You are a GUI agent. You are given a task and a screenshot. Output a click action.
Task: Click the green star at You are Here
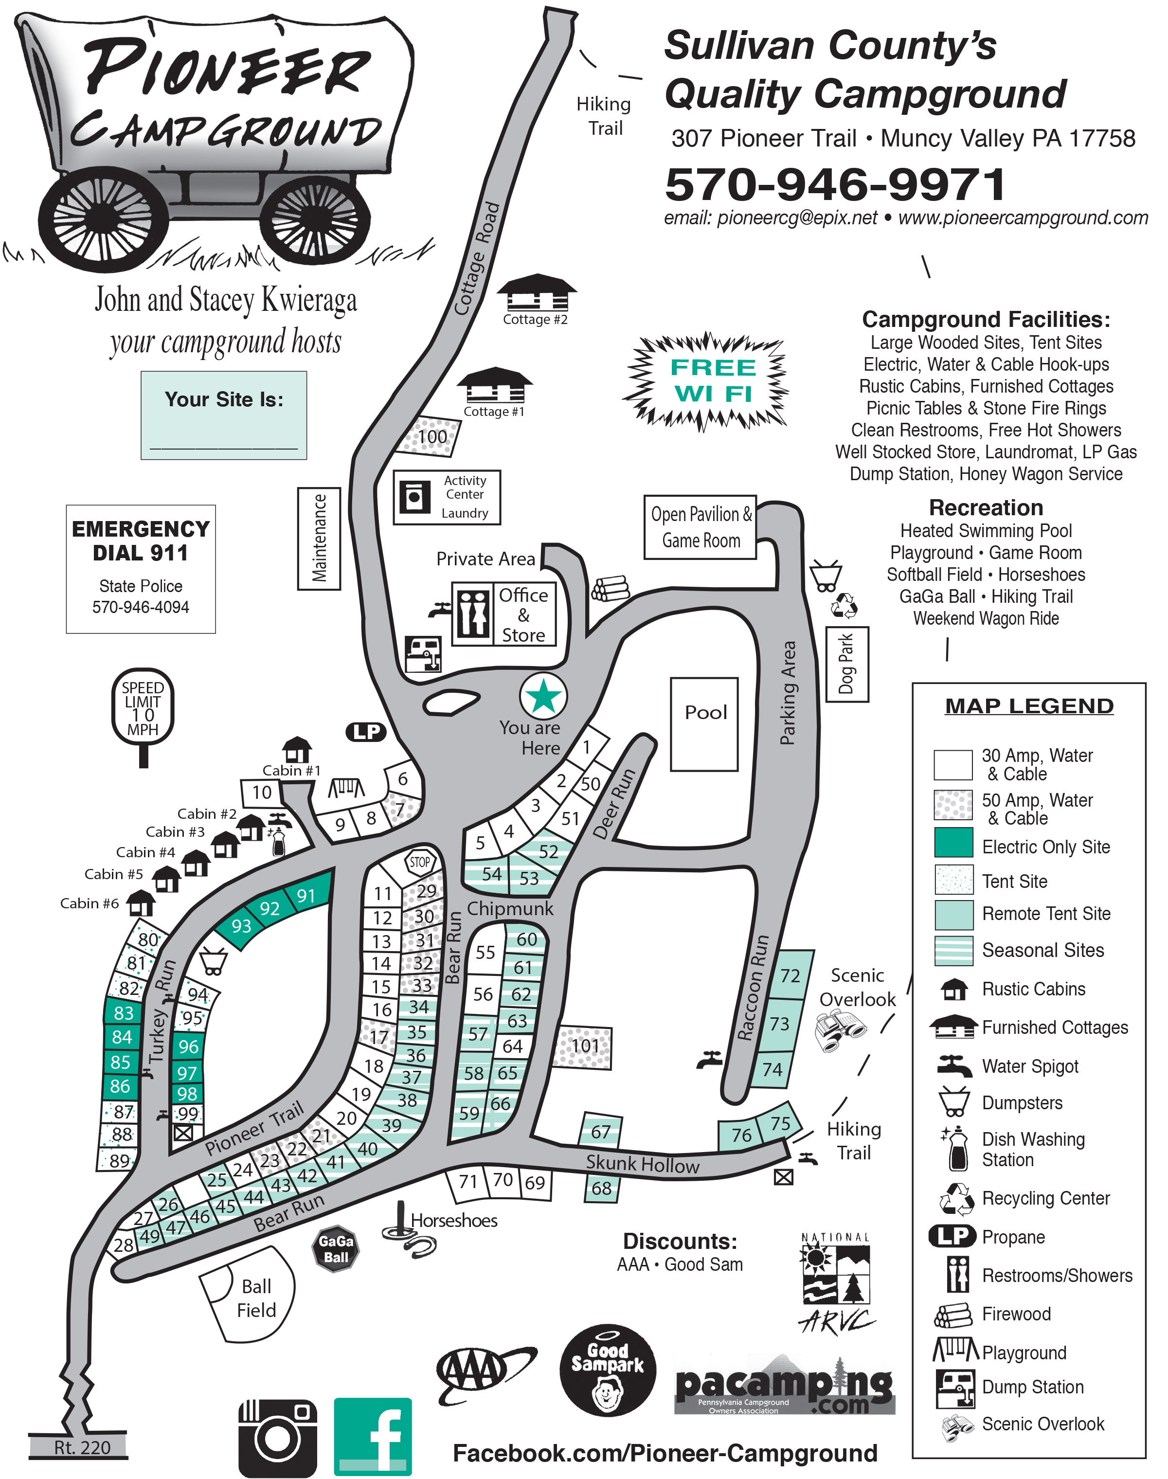[544, 696]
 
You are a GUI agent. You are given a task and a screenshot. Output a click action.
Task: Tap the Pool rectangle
[704, 724]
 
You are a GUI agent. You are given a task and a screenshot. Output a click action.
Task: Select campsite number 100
[431, 436]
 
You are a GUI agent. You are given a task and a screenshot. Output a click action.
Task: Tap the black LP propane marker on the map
[366, 732]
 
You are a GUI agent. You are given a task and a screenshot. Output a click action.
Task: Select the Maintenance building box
[319, 538]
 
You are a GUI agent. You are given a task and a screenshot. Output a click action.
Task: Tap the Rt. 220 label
[81, 1447]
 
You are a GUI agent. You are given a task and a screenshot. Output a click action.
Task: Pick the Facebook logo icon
[373, 1436]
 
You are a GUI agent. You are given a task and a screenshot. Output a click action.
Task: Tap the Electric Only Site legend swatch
[953, 843]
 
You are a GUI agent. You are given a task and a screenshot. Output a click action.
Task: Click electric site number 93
[241, 926]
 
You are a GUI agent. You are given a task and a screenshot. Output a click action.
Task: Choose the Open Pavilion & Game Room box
[700, 527]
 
